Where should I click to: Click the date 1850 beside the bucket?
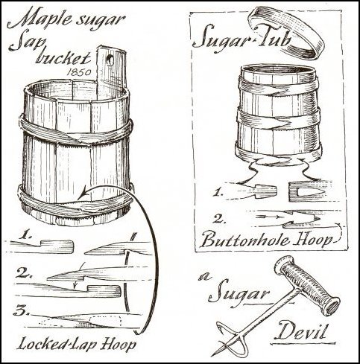pyautogui.click(x=79, y=72)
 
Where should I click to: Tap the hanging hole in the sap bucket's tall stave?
pyautogui.click(x=110, y=60)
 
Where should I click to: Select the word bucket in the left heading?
pyautogui.click(x=63, y=59)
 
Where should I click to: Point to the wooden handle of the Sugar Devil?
pyautogui.click(x=307, y=286)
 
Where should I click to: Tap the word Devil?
pyautogui.click(x=301, y=331)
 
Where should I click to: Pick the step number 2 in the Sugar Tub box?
pyautogui.click(x=219, y=219)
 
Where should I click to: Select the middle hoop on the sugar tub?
pyautogui.click(x=278, y=121)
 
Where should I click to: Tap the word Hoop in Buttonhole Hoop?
pyautogui.click(x=313, y=240)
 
